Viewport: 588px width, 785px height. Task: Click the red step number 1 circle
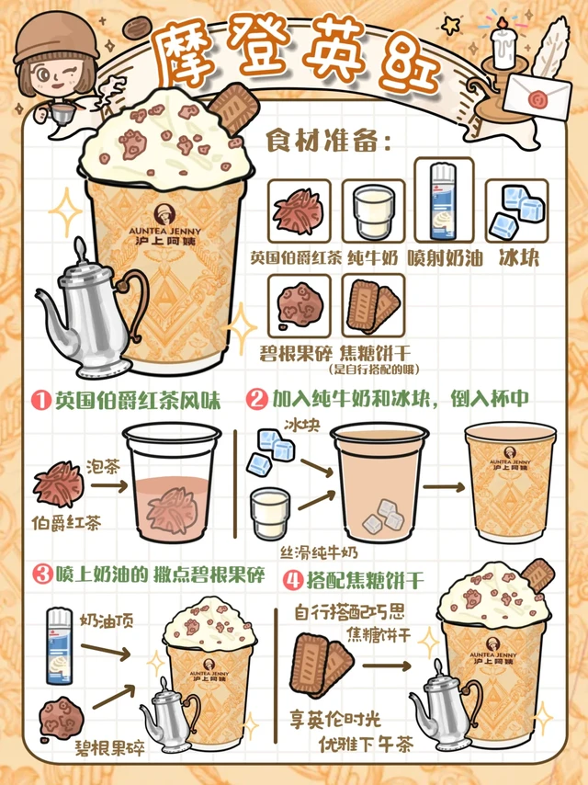pyautogui.click(x=42, y=401)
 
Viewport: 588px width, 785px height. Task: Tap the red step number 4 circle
pyautogui.click(x=294, y=581)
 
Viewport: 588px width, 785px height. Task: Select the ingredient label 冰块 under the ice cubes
pyautogui.click(x=519, y=257)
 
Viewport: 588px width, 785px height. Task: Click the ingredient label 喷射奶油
pyautogui.click(x=445, y=258)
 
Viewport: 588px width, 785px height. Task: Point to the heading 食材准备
pyautogui.click(x=328, y=141)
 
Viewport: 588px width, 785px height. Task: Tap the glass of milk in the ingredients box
pyautogui.click(x=374, y=211)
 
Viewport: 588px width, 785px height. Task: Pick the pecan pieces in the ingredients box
pyautogui.click(x=300, y=305)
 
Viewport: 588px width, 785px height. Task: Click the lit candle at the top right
pyautogui.click(x=503, y=44)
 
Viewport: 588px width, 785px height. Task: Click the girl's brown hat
pyautogui.click(x=56, y=37)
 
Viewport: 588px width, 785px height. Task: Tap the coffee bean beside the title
pyautogui.click(x=137, y=28)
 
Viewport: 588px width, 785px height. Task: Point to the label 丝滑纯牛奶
pyautogui.click(x=319, y=552)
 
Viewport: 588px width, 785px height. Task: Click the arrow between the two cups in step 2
pyautogui.click(x=444, y=487)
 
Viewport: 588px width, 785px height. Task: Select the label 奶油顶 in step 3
pyautogui.click(x=107, y=620)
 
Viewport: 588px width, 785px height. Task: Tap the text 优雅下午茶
pyautogui.click(x=366, y=744)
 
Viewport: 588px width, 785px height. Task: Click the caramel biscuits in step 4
pyautogui.click(x=322, y=665)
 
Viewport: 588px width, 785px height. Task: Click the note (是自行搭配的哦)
pyautogui.click(x=374, y=370)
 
